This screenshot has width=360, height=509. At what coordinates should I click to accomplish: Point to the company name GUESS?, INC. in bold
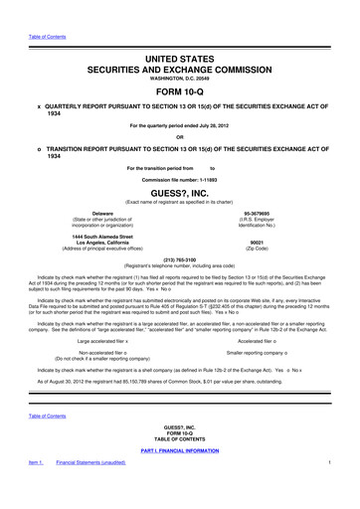[x=179, y=196]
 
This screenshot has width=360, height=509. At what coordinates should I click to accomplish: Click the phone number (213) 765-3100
[x=179, y=256]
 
